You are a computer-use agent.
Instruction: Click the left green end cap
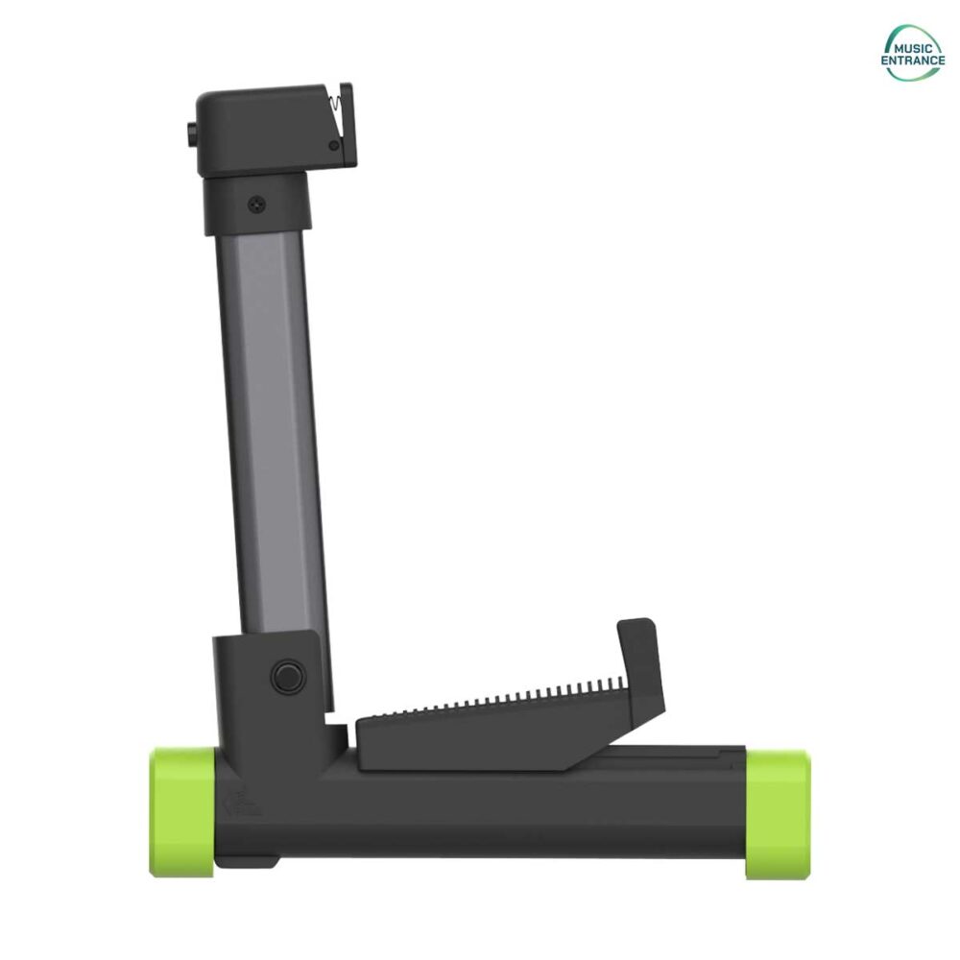pos(181,812)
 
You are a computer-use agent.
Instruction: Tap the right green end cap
pos(778,813)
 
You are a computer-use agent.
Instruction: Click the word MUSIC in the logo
pos(912,48)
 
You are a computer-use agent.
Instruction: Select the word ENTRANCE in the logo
pos(913,60)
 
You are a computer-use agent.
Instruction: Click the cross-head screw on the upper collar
pos(256,204)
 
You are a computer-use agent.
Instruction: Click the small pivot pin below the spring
pos(334,146)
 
